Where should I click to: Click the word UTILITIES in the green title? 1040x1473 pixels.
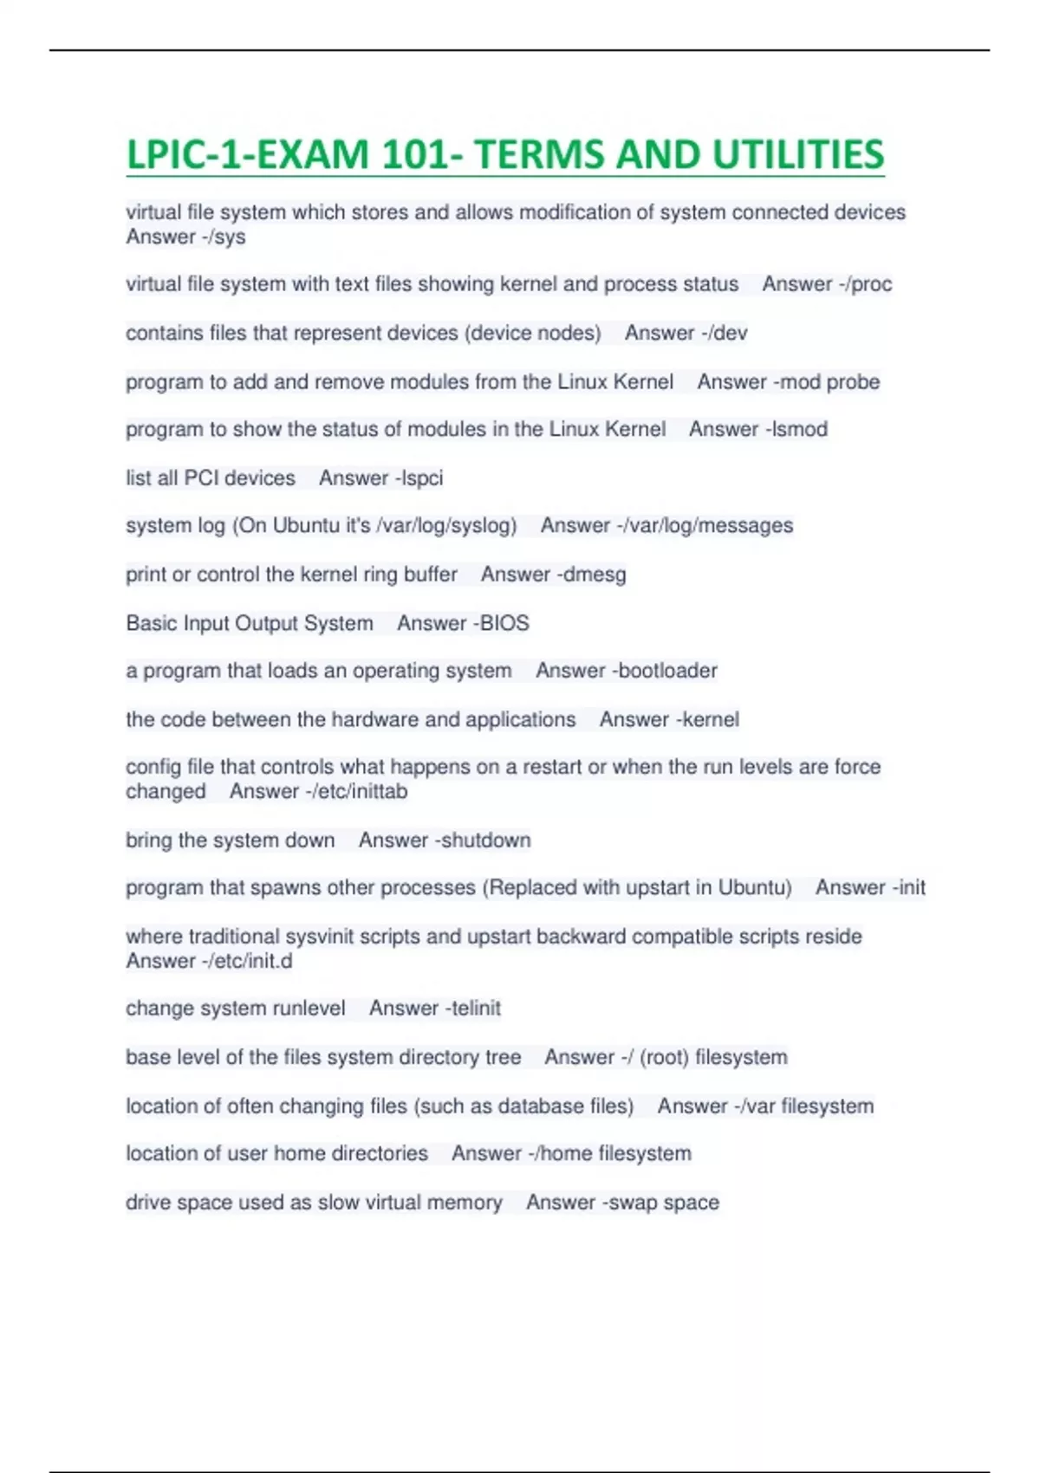[797, 155]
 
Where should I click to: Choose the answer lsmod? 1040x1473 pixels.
[797, 429]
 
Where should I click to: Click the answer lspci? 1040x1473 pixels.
[422, 477]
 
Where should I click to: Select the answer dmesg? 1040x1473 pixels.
[595, 574]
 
